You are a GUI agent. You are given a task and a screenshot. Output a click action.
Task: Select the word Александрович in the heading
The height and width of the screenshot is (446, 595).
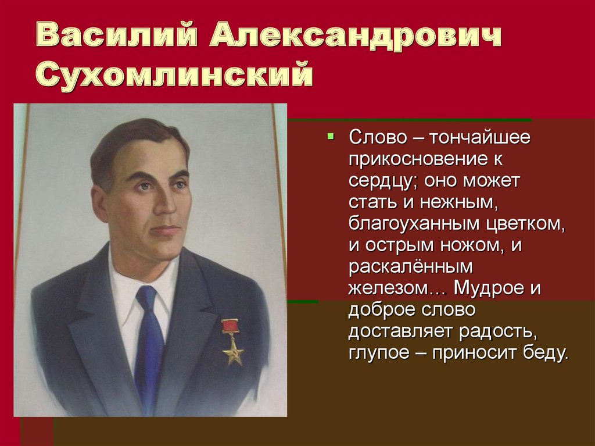tap(355, 37)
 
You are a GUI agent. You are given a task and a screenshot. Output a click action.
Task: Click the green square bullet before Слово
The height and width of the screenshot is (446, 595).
tap(331, 137)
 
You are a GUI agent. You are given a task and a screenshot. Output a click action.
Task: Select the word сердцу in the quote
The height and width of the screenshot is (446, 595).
tap(380, 181)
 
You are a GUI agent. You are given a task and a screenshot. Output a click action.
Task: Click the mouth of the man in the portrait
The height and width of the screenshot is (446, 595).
tap(166, 230)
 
